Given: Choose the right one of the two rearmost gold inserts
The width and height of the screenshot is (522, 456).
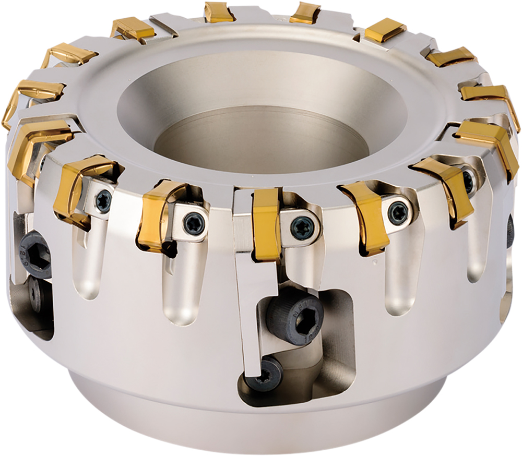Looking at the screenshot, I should pos(305,13).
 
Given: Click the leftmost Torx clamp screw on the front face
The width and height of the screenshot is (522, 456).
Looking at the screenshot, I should pos(103,199).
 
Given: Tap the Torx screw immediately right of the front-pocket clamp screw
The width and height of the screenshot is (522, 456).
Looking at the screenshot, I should pos(398,213).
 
